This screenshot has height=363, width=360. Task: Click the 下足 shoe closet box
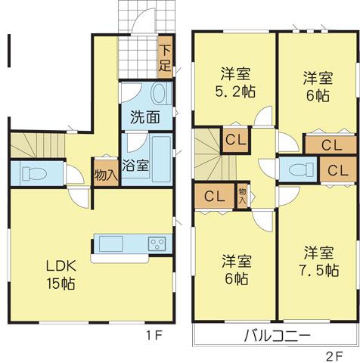click(164, 60)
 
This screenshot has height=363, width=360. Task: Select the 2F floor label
click(335, 353)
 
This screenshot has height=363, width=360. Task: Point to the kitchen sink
click(110, 244)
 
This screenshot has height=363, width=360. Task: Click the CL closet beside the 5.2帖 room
click(232, 140)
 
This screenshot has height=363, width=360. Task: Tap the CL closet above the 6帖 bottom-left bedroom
click(213, 195)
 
